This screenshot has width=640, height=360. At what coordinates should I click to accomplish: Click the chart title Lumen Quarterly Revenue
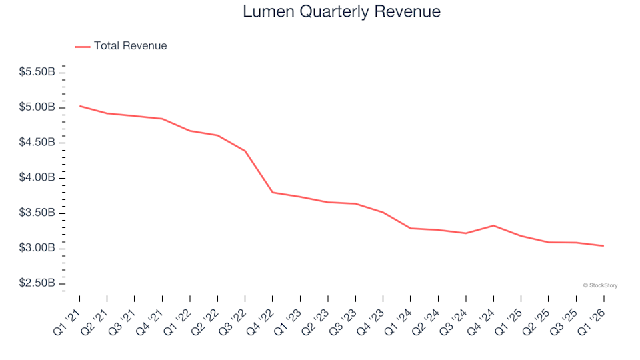coord(341,12)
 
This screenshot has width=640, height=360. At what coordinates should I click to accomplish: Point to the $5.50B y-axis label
coord(37,72)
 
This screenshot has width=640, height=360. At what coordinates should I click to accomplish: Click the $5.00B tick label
coord(37,107)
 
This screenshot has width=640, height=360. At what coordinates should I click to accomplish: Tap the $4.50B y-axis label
coord(37,143)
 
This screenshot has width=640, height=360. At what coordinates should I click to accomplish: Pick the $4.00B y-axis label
coord(37,178)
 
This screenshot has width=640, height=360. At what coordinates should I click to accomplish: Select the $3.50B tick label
coord(37,213)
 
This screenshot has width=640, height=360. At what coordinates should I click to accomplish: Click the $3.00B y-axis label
coord(37,249)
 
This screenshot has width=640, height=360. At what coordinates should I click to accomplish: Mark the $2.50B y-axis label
coord(37,284)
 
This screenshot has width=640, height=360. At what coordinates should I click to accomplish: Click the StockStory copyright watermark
coord(600,285)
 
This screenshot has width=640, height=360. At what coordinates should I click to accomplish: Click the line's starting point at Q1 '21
coord(79,106)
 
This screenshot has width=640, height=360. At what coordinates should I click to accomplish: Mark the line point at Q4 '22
coord(273,192)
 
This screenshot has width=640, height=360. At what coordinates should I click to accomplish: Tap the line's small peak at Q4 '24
coord(493,225)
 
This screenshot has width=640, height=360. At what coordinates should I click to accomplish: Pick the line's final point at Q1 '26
coord(603,246)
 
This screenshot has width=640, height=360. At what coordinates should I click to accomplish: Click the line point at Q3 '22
coord(245,151)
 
